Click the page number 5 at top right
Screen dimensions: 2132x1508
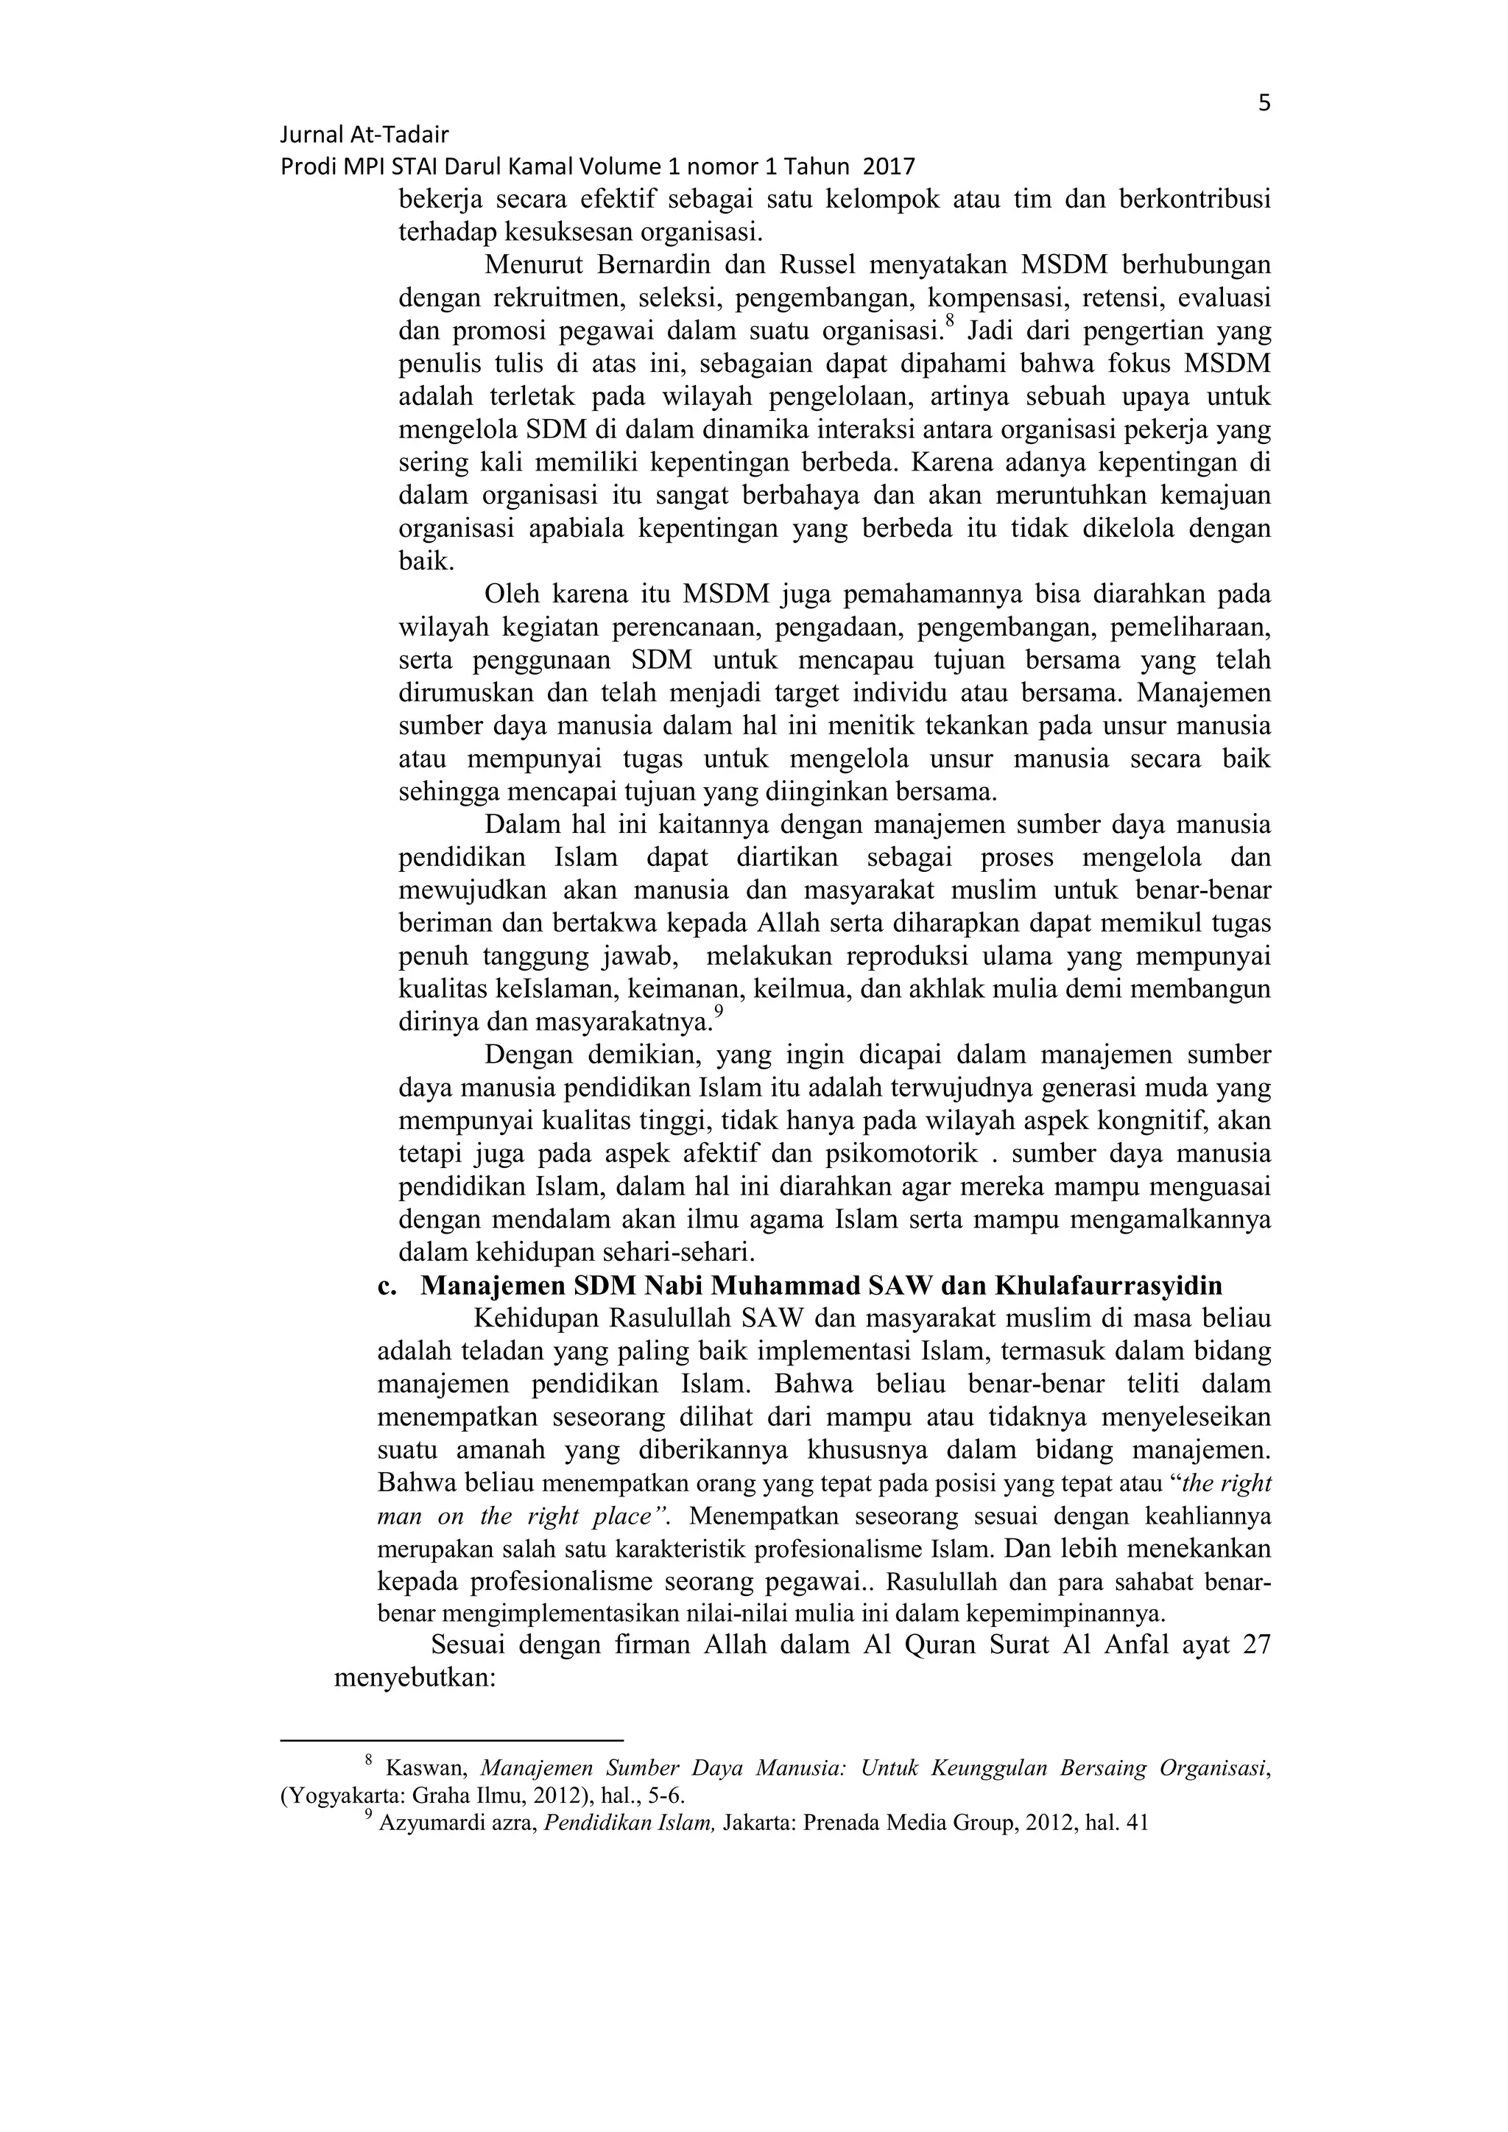[x=1264, y=103]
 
